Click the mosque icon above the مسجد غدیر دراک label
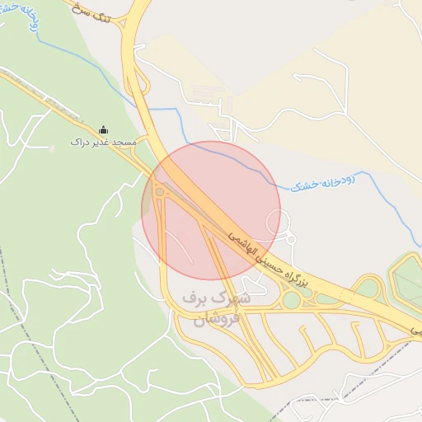[x=103, y=129]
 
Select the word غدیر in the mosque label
[x=99, y=143]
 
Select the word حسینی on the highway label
[x=268, y=258]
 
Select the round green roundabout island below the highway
[x=291, y=300]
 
